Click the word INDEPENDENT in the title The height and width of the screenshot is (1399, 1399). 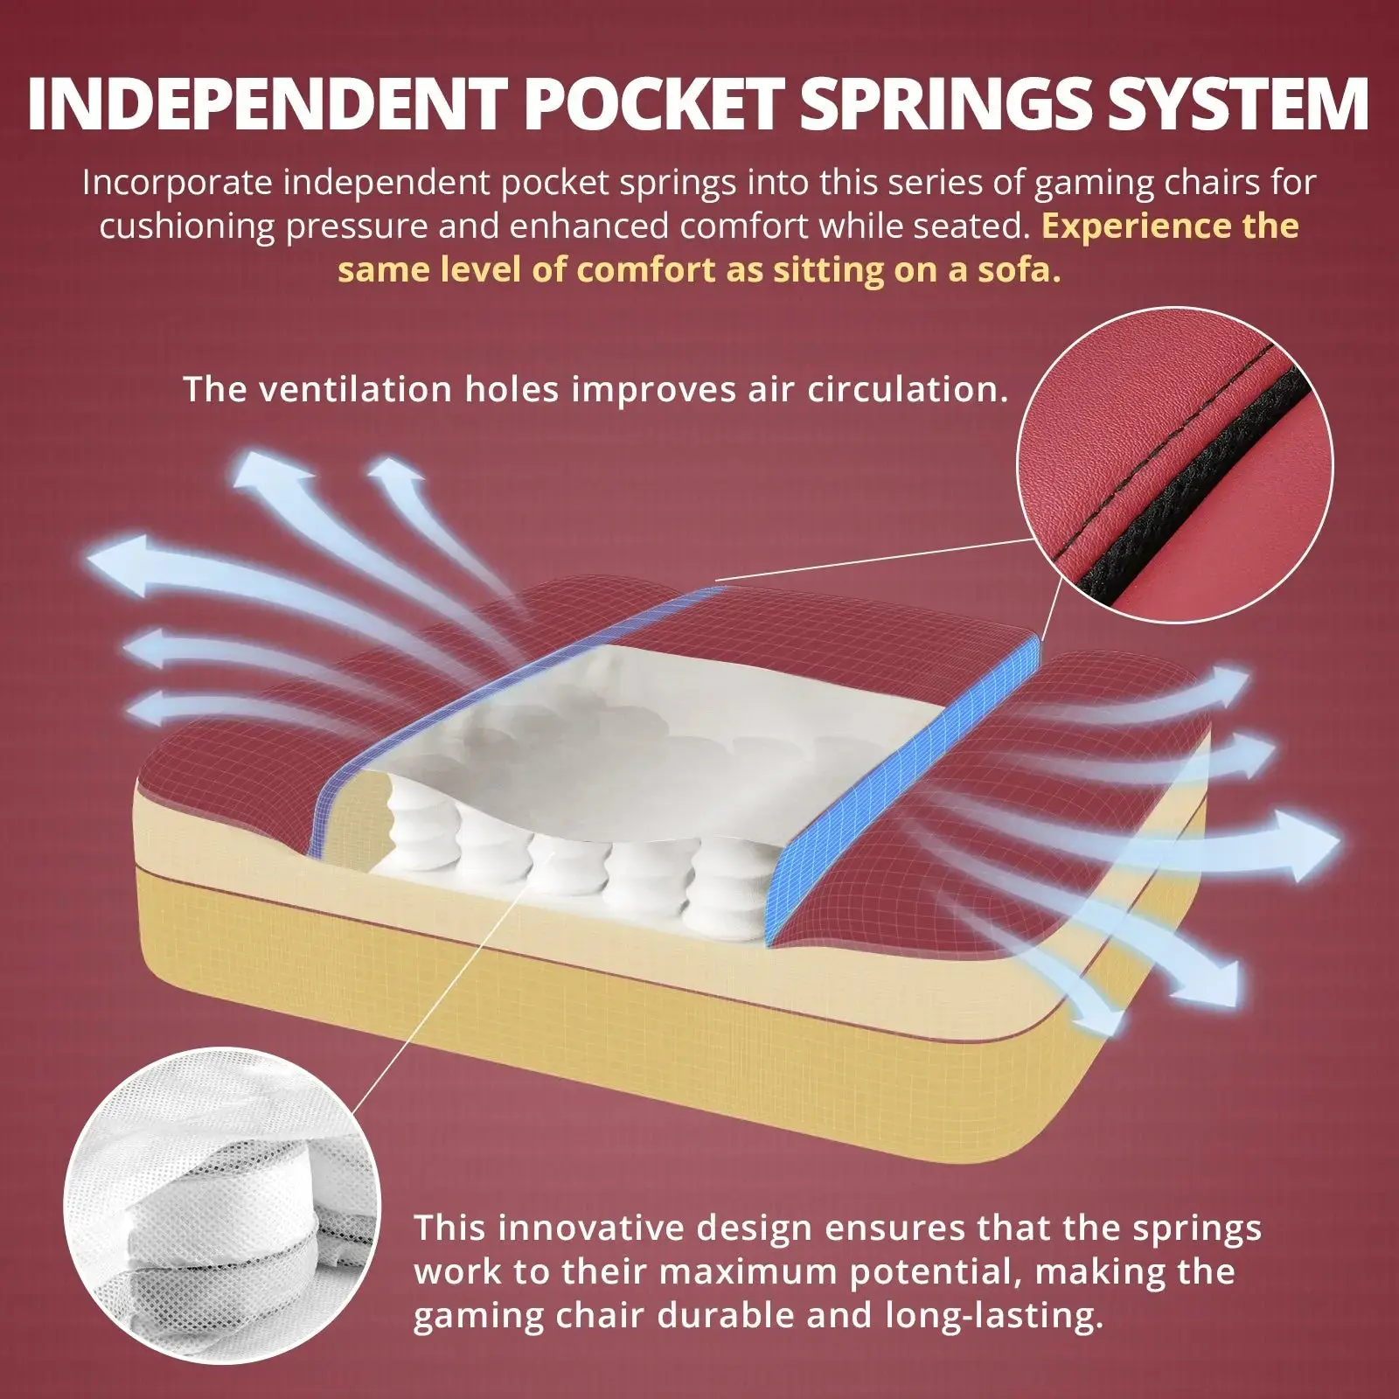(266, 105)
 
